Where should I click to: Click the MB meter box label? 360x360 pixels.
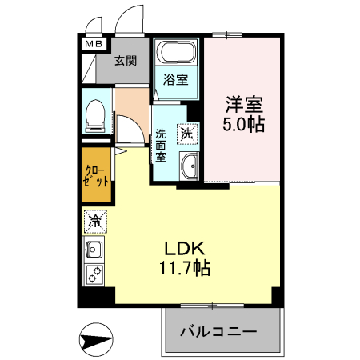click(x=94, y=44)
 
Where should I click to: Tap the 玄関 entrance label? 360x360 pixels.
click(x=126, y=61)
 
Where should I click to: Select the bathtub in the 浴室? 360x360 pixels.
click(x=176, y=52)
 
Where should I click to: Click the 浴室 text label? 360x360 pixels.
click(x=176, y=79)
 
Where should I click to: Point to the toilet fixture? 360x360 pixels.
click(x=95, y=116)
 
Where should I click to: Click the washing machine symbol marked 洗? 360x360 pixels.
click(x=187, y=134)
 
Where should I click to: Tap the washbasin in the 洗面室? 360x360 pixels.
click(x=189, y=166)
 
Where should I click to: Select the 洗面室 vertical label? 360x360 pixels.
click(x=161, y=146)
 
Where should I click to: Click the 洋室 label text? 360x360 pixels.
click(x=244, y=105)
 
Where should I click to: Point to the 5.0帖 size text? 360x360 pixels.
click(x=244, y=124)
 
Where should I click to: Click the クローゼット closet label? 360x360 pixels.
click(x=96, y=176)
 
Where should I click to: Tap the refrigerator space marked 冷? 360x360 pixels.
click(x=95, y=222)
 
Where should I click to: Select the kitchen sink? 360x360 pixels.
click(x=94, y=250)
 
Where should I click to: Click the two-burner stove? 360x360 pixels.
click(x=94, y=274)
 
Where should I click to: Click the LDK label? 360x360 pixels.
click(x=185, y=249)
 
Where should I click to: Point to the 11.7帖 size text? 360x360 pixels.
click(x=185, y=267)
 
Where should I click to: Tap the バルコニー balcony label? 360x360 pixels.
click(x=218, y=331)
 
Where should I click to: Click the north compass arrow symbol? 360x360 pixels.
click(x=96, y=339)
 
